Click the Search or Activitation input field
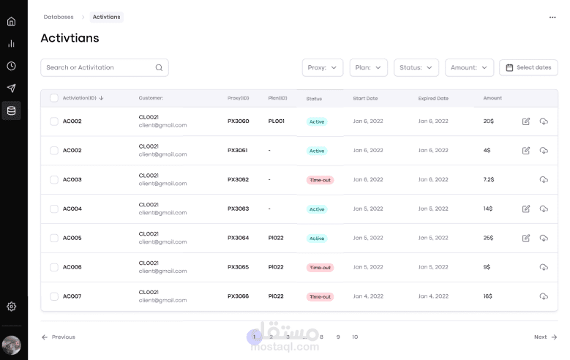pos(99,67)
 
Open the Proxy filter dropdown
pos(322,67)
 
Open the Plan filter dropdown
pos(368,67)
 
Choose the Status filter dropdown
pos(416,67)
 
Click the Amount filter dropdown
pos(469,67)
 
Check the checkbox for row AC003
pos(54,179)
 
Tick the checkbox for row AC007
pos(54,296)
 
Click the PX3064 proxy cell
pos(238,238)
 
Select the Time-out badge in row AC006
pos(320,268)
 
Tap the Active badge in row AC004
pos(317,209)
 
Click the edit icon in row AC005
pos(526,238)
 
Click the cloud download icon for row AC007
pos(544,296)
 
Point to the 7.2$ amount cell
pos(489,179)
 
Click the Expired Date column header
pos(433,98)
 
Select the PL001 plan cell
pos(277,121)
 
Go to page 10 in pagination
pos(355,337)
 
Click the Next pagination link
pos(545,337)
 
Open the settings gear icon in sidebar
pos(11,307)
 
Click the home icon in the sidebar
pos(11,21)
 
